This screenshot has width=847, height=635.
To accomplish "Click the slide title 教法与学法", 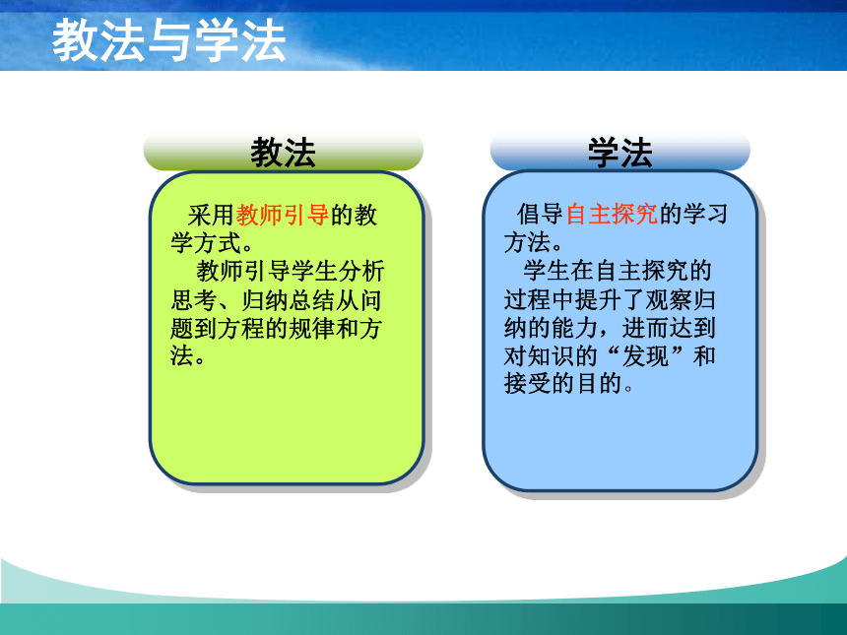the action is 168,40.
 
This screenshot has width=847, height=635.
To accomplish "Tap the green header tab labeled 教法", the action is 283,152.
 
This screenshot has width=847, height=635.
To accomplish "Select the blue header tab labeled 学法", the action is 620,152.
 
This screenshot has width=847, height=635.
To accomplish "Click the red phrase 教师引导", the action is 283,215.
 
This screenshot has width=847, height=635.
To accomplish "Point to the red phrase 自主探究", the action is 612,214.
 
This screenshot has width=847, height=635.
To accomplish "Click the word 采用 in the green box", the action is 211,215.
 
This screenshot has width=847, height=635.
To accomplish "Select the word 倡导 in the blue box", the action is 540,214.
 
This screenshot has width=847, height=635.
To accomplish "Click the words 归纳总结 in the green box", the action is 288,300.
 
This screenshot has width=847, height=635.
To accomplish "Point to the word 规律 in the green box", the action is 311,328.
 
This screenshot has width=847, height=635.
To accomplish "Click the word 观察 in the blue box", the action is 670,299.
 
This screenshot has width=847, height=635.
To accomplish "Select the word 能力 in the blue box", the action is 574,328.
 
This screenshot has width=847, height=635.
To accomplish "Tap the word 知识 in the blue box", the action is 551,356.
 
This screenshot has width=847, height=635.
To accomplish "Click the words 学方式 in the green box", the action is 206,243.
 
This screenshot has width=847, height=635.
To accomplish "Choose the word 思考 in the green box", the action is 194,300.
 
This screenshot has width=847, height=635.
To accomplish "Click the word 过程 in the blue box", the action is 527,299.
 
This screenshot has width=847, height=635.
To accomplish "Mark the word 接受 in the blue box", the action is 527,384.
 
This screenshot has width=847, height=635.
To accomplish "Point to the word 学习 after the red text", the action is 705,214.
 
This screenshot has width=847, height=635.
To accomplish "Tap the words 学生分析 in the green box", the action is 338,271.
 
